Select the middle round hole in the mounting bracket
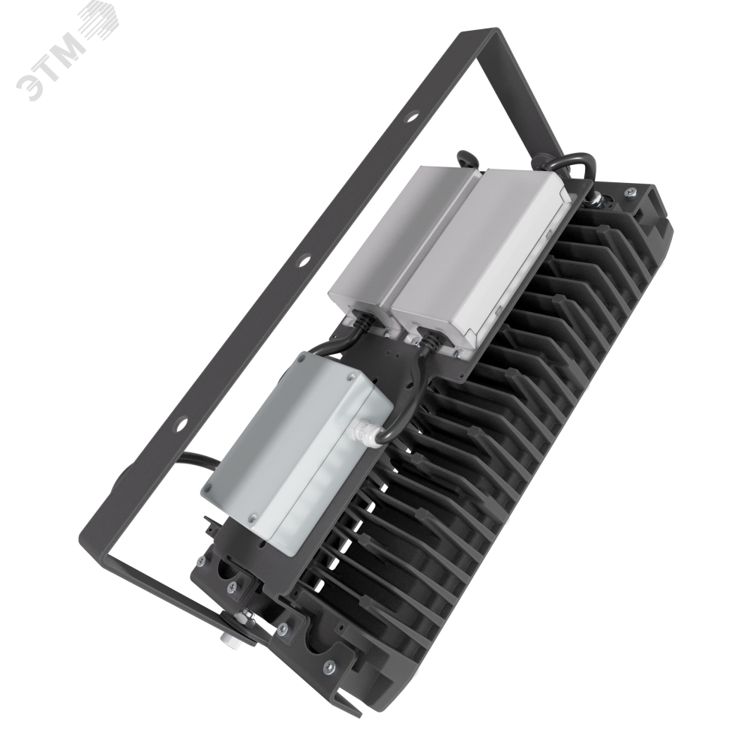pyautogui.click(x=303, y=261)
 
